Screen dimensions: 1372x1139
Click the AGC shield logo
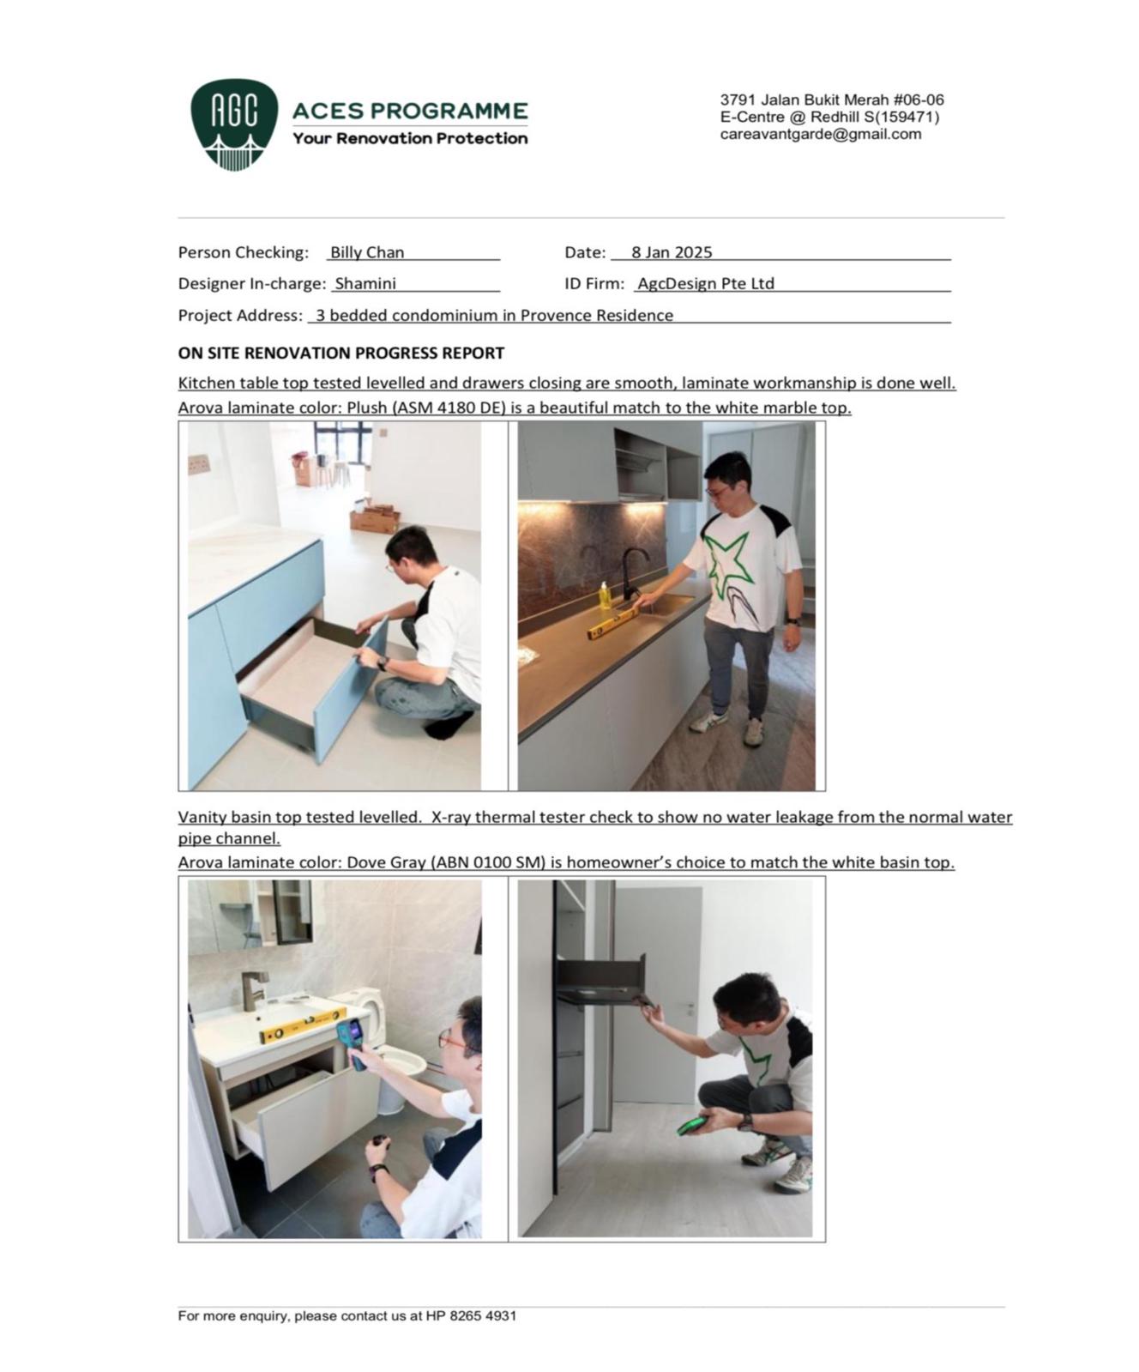coord(233,124)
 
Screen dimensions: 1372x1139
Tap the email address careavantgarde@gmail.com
coord(820,135)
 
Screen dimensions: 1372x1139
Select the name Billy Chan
coord(367,252)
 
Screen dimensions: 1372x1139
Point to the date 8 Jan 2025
coord(672,252)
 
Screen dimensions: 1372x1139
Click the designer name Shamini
coord(365,283)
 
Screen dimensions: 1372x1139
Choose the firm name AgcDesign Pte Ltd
coord(705,283)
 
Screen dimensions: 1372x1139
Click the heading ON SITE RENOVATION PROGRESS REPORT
coord(340,353)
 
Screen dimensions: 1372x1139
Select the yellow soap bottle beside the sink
coord(606,595)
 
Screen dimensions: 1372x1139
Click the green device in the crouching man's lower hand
coord(692,1125)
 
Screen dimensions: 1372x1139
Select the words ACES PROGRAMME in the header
coord(410,111)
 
